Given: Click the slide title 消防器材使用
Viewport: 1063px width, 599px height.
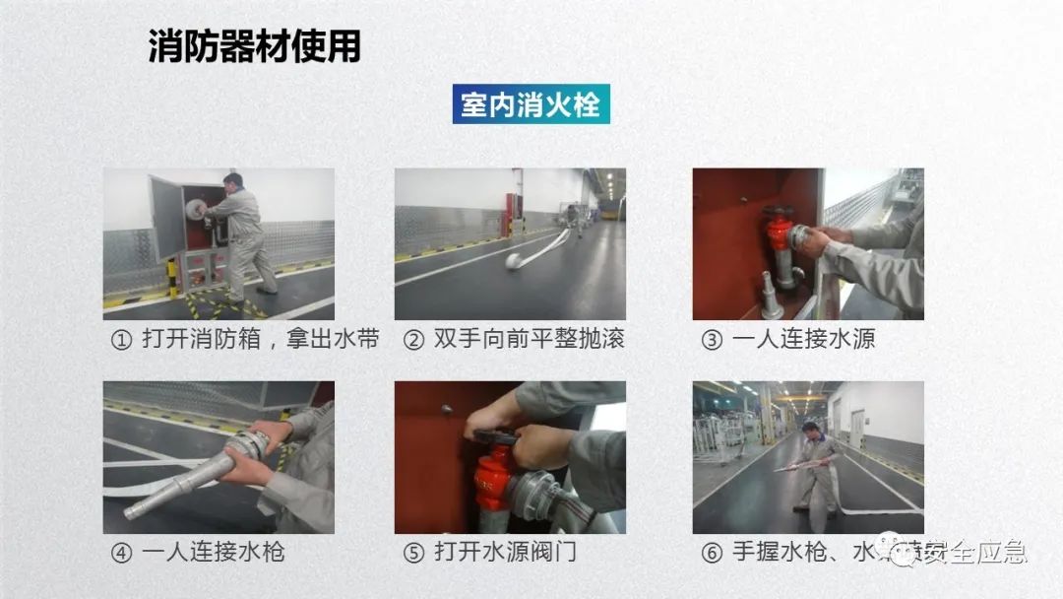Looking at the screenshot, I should click(x=254, y=45).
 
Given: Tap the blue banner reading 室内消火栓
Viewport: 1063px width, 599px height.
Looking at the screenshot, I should click(x=531, y=103).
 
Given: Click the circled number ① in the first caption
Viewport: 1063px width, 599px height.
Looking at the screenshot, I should click(x=120, y=340).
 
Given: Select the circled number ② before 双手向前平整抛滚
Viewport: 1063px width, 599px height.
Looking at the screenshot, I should click(x=413, y=340).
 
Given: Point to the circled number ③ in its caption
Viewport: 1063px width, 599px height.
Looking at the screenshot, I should click(x=711, y=340).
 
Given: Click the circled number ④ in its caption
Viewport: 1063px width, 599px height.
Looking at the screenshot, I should click(x=120, y=553).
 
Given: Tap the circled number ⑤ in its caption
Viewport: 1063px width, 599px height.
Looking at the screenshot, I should click(x=413, y=553).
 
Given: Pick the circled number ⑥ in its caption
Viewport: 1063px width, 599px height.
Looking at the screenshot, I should click(x=711, y=553).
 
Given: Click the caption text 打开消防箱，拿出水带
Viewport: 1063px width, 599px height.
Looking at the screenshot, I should click(x=260, y=340).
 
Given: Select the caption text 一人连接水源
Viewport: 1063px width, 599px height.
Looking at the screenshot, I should click(x=803, y=340).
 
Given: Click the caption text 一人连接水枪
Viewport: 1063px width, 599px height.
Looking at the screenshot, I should click(x=213, y=553).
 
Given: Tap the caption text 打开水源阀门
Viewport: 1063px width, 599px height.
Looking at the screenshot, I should click(x=506, y=553).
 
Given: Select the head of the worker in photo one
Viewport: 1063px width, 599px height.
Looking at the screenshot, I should click(x=232, y=182).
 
